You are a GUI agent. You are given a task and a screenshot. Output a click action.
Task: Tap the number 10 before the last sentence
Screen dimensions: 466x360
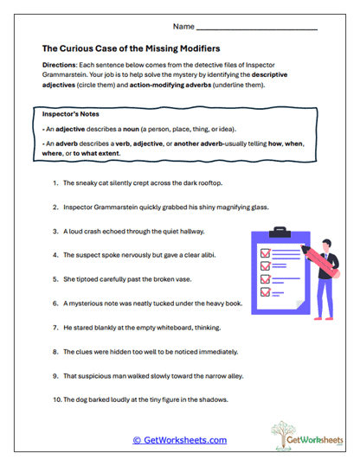[x=55, y=400]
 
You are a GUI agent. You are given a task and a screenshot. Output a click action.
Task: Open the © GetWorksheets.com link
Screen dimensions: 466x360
[x=179, y=440]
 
